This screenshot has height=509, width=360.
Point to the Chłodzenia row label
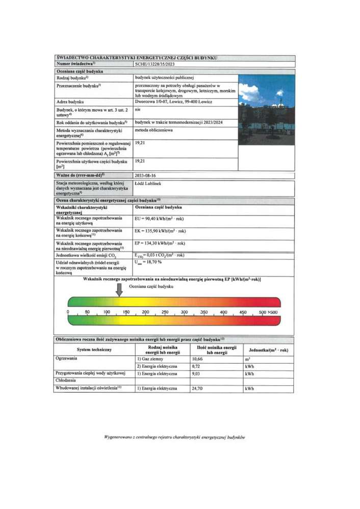point(66,381)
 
